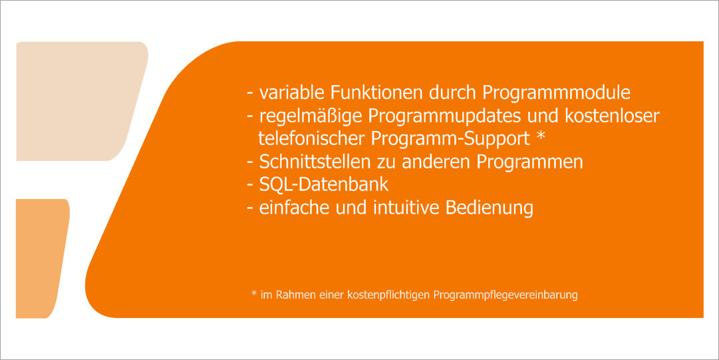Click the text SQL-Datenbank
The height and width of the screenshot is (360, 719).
click(x=324, y=185)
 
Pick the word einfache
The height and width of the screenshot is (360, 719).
click(x=295, y=208)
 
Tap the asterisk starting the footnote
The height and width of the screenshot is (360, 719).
click(x=253, y=293)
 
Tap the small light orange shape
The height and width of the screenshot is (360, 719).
click(x=41, y=258)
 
